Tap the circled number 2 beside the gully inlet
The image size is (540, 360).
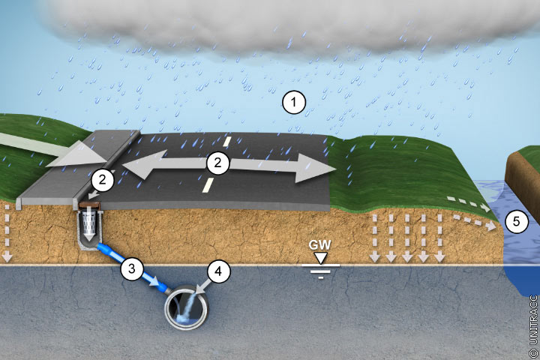(x=103, y=179)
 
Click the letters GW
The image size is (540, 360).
(x=321, y=245)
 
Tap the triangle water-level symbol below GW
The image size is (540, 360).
(x=321, y=258)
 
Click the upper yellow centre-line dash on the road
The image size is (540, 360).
(x=225, y=140)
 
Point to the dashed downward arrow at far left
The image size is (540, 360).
(x=6, y=232)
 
